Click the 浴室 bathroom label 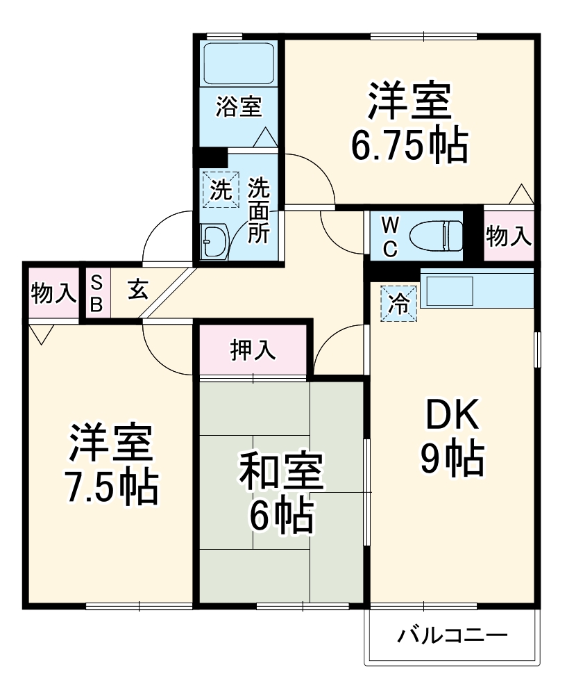pos(238,108)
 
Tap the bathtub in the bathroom pos(238,63)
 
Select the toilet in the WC pos(436,235)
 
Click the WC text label pos(390,236)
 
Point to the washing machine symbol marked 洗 pos(220,190)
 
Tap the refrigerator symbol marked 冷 pos(399,304)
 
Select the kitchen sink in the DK pos(448,290)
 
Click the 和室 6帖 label pos(281,492)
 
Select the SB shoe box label pos(96,293)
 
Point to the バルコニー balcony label pos(452,635)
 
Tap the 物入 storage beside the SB pos(53,293)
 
